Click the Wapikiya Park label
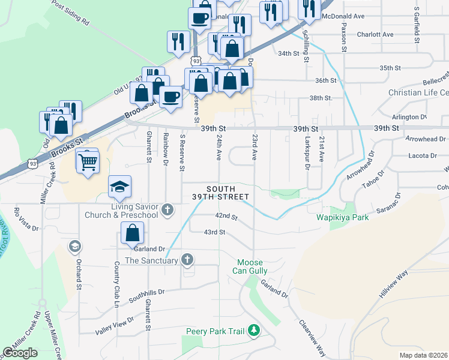pos(343,217)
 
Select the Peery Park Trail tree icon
pos(255,330)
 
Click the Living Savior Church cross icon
pos(167,210)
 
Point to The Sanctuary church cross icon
pos(187,260)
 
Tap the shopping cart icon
pos(88,161)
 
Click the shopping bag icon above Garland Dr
pos(132,232)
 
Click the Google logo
pos(20,353)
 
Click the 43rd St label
pos(214,232)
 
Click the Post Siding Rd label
pos(71,11)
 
